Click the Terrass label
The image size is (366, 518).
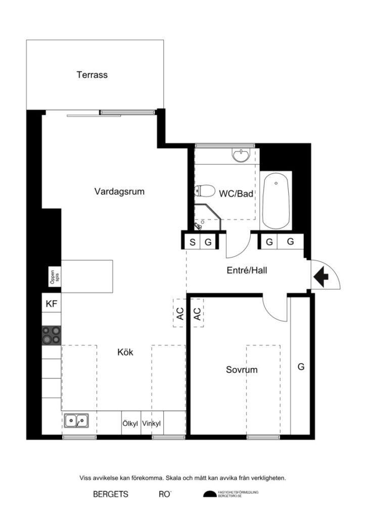coord(92,75)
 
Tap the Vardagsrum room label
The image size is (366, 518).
coord(119,192)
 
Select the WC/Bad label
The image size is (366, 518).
coord(236,193)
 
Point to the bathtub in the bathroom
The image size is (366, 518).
coord(277,200)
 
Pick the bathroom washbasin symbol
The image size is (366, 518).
coord(242,155)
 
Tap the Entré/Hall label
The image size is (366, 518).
coord(246,271)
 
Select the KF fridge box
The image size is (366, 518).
coord(51,304)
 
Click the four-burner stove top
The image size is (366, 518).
coord(51,334)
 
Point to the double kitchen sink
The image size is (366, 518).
coord(76,420)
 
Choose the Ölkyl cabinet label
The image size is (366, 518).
coord(130,424)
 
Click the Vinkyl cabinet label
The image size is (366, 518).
coord(151,424)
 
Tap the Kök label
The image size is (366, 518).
coord(125,352)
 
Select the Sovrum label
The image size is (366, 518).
coord(242,370)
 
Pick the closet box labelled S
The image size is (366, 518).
coord(192,242)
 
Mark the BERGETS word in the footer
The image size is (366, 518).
coord(110,494)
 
